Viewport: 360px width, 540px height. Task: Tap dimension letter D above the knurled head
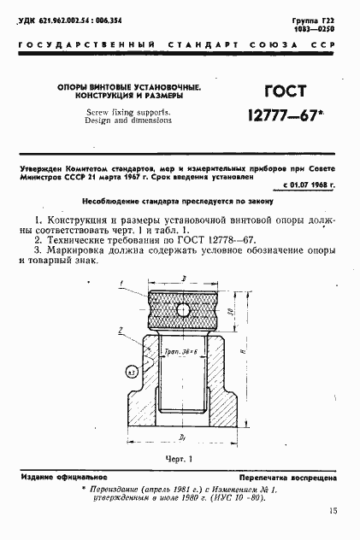[x=185, y=279]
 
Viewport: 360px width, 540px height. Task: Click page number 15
[x=332, y=511]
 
